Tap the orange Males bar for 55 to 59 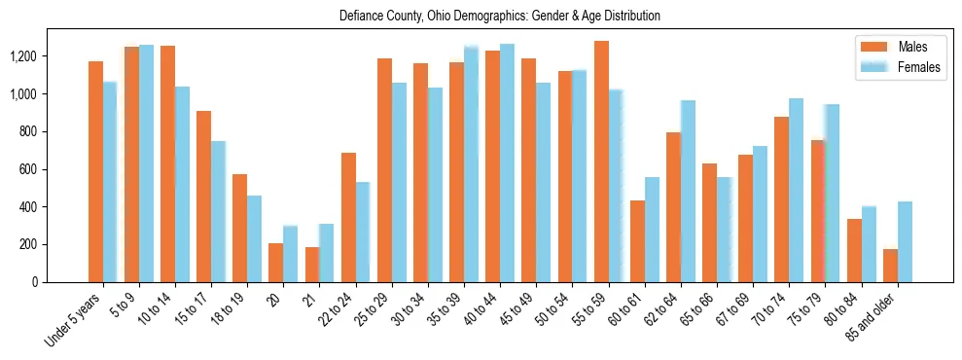[x=601, y=162]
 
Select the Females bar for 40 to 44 [x=508, y=163]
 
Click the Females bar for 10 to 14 [x=183, y=185]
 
